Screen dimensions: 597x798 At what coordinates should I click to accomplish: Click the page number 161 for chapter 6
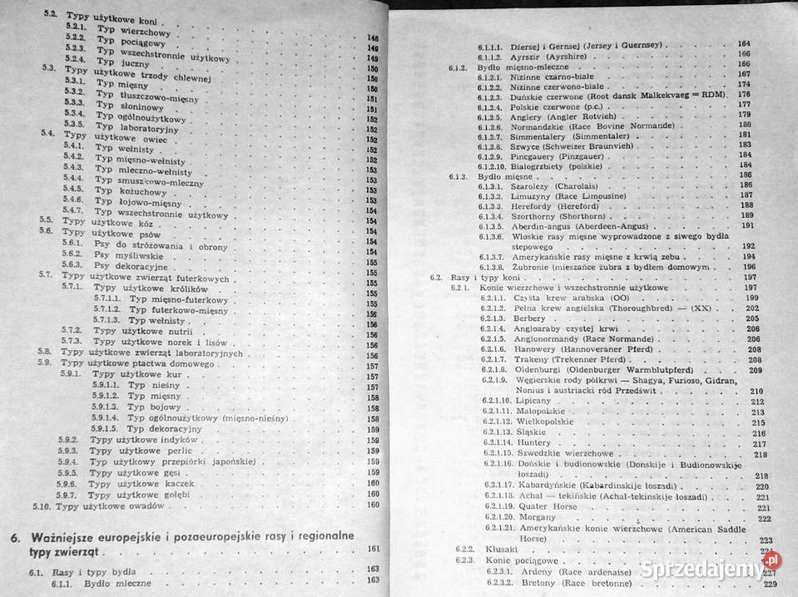(373, 548)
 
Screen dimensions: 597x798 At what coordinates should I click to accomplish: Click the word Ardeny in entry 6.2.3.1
(537, 572)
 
